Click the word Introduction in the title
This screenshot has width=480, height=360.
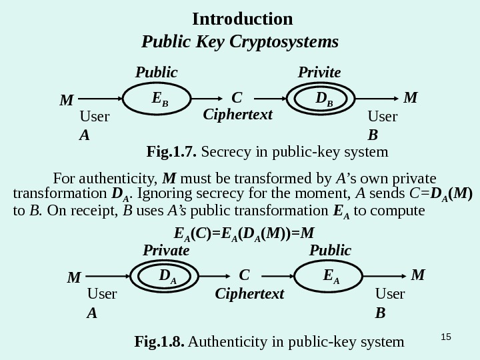tap(242, 18)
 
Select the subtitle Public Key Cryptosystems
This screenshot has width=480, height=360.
tap(241, 43)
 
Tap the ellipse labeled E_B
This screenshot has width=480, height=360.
tap(158, 99)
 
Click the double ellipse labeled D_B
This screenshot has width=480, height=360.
tap(324, 99)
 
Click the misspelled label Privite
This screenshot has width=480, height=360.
tap(319, 72)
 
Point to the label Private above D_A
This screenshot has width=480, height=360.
tap(166, 251)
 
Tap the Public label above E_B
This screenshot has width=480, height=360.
tap(157, 72)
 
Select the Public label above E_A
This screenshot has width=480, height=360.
tap(330, 251)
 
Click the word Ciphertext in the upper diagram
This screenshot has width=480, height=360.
tap(238, 115)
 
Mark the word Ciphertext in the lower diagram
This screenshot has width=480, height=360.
tap(249, 293)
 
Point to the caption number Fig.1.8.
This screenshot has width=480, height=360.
tap(159, 343)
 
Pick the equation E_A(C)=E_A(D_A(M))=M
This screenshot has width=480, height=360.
tap(243, 234)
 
